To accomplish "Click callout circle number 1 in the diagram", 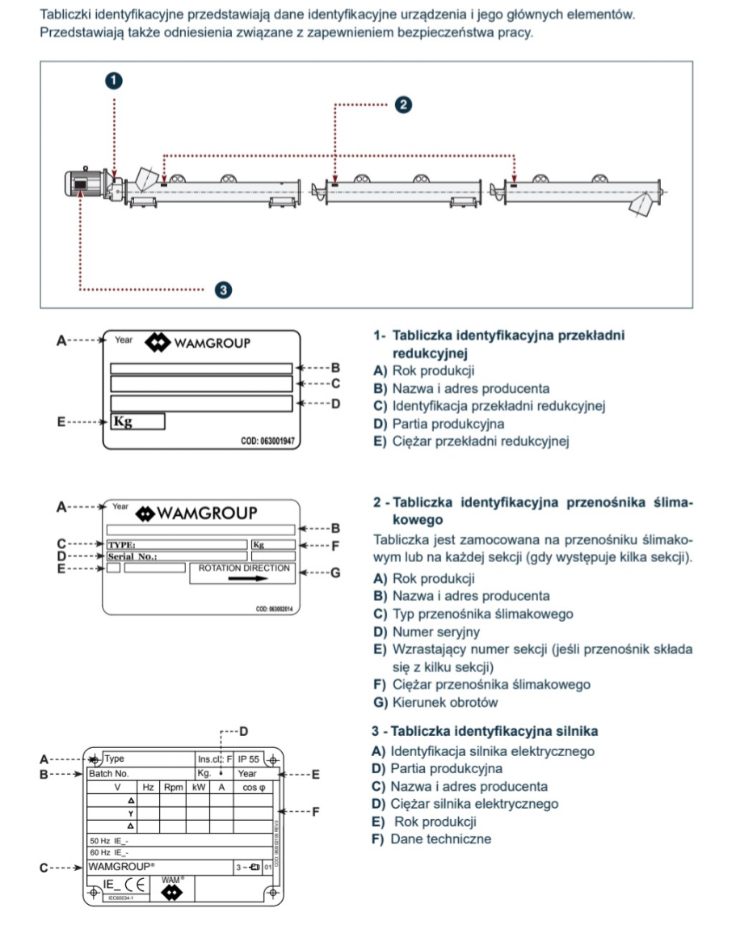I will coord(114,80).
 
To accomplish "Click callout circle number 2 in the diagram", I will coord(402,104).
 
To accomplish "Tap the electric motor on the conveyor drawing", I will coord(84,185).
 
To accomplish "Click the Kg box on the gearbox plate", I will coord(137,421).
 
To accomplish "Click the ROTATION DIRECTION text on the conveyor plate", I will coord(243,568).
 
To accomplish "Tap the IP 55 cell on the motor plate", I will coord(249,759).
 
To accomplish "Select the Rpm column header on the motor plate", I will coord(173,786).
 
